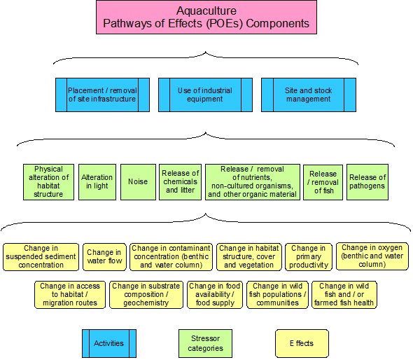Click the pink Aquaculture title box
(206, 18)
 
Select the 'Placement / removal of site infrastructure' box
(102, 95)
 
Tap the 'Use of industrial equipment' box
(205, 95)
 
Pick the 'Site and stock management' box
(308, 95)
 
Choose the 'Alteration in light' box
(97, 182)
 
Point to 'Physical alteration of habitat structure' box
(48, 182)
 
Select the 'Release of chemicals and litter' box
(180, 182)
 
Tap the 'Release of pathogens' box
(367, 182)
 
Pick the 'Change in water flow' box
(104, 257)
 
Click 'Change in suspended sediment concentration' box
(41, 256)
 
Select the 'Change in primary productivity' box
(308, 256)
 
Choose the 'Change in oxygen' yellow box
(372, 256)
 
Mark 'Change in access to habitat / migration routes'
(70, 295)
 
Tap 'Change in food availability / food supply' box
(214, 295)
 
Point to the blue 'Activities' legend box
(108, 343)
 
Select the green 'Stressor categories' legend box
(205, 343)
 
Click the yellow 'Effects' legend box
(302, 343)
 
